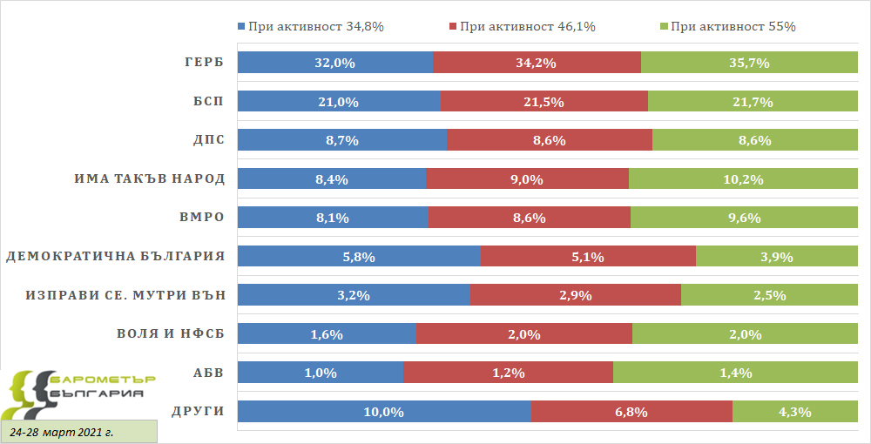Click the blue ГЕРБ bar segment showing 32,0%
[335, 63]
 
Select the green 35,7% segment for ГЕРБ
[749, 63]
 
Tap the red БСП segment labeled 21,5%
[544, 102]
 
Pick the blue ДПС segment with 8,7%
[342, 140]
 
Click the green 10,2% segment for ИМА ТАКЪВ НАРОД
[743, 179]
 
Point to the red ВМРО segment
[529, 218]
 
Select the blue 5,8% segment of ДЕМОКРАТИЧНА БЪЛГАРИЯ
[359, 257]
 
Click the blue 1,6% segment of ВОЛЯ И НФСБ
[327, 334]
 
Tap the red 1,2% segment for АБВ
[508, 373]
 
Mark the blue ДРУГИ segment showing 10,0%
[384, 412]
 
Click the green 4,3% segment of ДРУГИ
[794, 412]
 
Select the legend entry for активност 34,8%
[310, 26]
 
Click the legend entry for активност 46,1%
[522, 26]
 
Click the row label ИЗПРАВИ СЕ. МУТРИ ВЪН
[125, 295]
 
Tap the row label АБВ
[208, 373]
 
